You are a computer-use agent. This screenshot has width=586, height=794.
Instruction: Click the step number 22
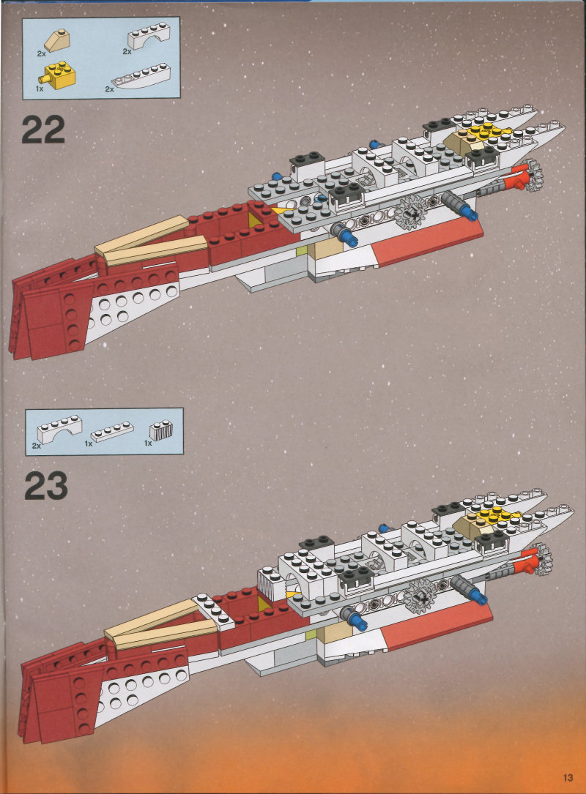click(42, 130)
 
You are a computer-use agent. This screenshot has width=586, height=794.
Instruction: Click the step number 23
click(45, 486)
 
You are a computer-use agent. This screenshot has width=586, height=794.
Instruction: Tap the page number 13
click(568, 777)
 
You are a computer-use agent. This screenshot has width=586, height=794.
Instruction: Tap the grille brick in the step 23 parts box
click(160, 432)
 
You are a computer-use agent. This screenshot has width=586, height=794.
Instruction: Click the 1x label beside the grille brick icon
click(147, 443)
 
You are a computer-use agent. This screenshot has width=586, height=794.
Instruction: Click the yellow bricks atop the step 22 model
click(480, 132)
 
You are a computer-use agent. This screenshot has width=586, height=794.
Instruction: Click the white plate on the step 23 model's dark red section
click(214, 609)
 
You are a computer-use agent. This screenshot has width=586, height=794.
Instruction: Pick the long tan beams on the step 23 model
click(154, 623)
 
